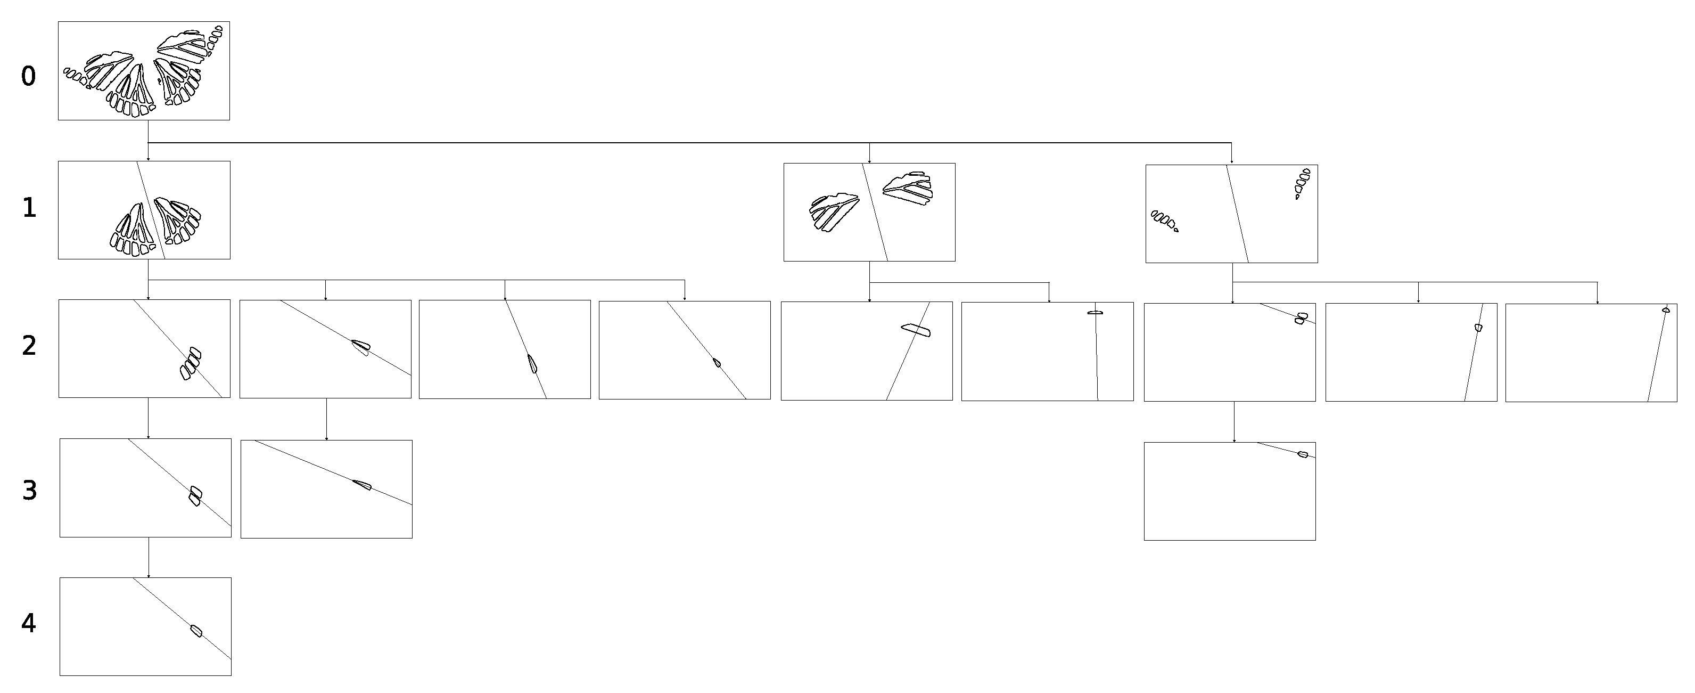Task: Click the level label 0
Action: [x=28, y=76]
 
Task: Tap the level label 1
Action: [x=29, y=208]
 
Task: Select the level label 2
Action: [x=29, y=346]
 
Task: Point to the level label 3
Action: [x=29, y=491]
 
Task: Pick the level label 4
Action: [x=28, y=623]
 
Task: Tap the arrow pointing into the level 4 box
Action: [x=148, y=557]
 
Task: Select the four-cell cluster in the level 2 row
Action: [x=190, y=363]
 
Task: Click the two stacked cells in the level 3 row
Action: [x=195, y=495]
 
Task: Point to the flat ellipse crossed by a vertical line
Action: [x=1095, y=313]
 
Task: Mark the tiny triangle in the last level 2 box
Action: [x=1666, y=309]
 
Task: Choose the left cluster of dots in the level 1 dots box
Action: [x=1164, y=221]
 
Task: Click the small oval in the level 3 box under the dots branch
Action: [x=1302, y=454]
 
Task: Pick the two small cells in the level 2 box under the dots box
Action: [x=1301, y=319]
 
